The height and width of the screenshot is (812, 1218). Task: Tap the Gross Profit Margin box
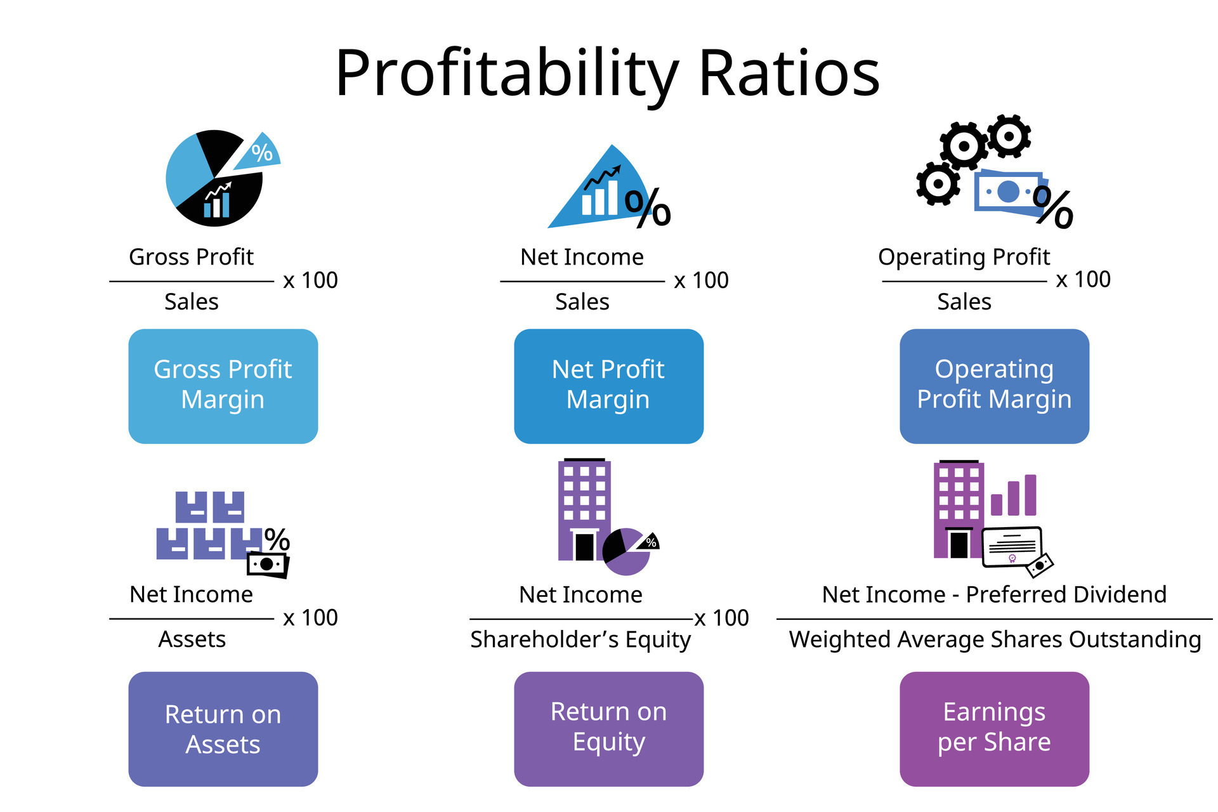[223, 386]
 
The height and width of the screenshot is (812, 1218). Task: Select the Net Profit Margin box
[609, 386]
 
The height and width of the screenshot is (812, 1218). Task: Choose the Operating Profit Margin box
[995, 386]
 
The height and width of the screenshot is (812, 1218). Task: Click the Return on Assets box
[223, 729]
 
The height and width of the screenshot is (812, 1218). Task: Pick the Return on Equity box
[609, 729]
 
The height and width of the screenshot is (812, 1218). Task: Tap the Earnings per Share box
[995, 729]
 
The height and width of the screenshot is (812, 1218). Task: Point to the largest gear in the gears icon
[964, 146]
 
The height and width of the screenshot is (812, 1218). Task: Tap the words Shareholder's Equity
[580, 639]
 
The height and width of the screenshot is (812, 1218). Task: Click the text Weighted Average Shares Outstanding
[995, 639]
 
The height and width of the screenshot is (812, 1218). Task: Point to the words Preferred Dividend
[1066, 594]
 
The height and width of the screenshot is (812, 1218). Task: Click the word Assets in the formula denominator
[192, 639]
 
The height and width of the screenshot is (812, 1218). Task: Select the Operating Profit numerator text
[964, 258]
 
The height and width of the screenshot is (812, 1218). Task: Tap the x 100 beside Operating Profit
[1084, 279]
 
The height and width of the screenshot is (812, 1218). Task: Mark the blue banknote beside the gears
[1009, 192]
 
